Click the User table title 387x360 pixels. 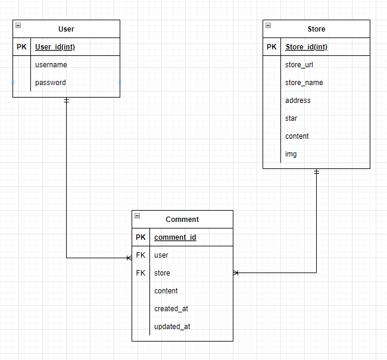pyautogui.click(x=66, y=29)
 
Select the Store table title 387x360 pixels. pyautogui.click(x=316, y=29)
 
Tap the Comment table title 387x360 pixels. pyautogui.click(x=182, y=220)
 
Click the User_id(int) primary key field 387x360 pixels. pyautogui.click(x=55, y=47)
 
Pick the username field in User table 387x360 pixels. pyautogui.click(x=51, y=65)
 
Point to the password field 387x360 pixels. pyautogui.click(x=50, y=83)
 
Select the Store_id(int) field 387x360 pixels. pyautogui.click(x=306, y=47)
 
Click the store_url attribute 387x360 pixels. pyautogui.click(x=299, y=65)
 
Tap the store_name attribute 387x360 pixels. pyautogui.click(x=304, y=83)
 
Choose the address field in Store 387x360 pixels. pyautogui.click(x=298, y=101)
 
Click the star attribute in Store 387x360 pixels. pyautogui.click(x=291, y=118)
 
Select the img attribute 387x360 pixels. pyautogui.click(x=291, y=154)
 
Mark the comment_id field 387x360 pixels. pyautogui.click(x=175, y=237)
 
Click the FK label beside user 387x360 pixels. pyautogui.click(x=141, y=255)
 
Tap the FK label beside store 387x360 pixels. pyautogui.click(x=141, y=273)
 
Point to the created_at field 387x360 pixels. pyautogui.click(x=171, y=309)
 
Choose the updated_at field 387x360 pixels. pyautogui.click(x=171, y=327)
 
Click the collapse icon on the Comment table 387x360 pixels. pyautogui.click(x=137, y=216)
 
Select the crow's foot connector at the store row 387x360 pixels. pyautogui.click(x=236, y=273)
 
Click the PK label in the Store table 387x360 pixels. pyautogui.click(x=271, y=47)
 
